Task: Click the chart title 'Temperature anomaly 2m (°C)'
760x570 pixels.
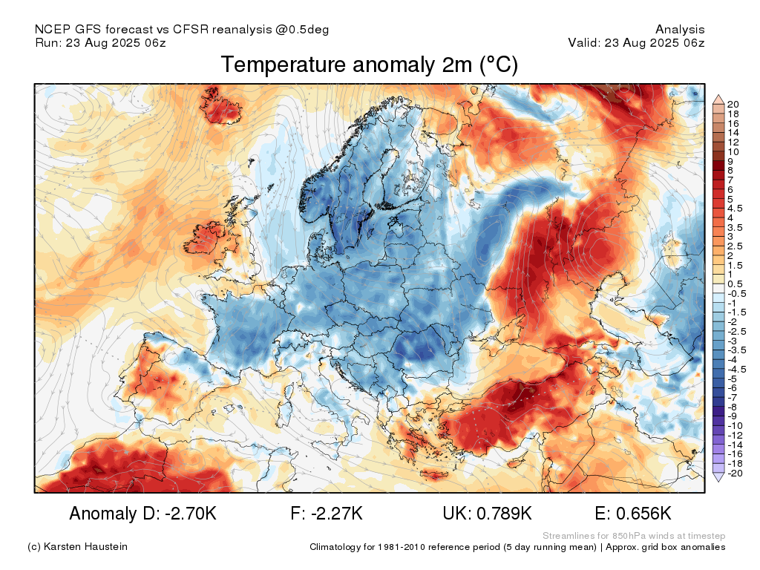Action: click(370, 65)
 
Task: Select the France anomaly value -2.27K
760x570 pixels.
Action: click(336, 514)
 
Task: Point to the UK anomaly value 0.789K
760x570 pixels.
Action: click(504, 514)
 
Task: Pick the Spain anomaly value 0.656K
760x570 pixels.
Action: click(643, 514)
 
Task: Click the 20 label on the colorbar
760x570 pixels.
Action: click(733, 104)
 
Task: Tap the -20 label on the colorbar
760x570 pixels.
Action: click(735, 473)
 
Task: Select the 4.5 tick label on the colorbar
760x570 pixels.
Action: click(735, 209)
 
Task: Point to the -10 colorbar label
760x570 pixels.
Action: click(735, 425)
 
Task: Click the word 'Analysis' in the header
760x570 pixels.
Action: click(680, 30)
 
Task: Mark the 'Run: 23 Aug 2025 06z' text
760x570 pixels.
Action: click(101, 42)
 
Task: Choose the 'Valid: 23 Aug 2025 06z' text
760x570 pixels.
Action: click(636, 42)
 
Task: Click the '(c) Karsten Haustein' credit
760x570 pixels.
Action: click(77, 546)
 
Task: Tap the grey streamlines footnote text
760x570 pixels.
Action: click(634, 536)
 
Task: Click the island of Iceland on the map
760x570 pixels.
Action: click(220, 105)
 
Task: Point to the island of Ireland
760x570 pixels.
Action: click(209, 238)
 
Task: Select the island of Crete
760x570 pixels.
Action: click(434, 474)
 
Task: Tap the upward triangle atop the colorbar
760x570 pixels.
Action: click(718, 99)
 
